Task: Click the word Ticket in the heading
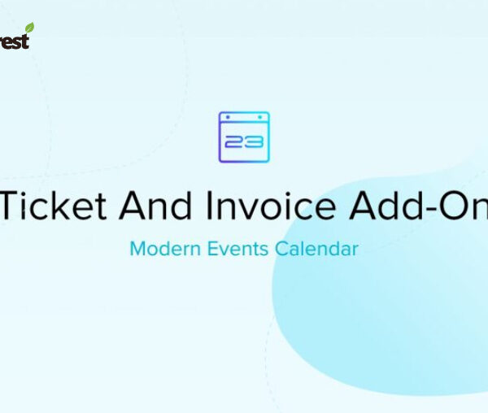(54, 206)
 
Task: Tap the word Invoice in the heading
(272, 206)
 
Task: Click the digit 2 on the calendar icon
(233, 142)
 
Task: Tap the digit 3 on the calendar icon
(254, 142)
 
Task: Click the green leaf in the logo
(29, 28)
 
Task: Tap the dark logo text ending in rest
(14, 40)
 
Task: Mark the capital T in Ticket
(14, 206)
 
